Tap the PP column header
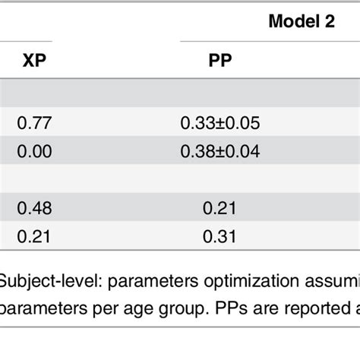tap(220, 59)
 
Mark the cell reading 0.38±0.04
tap(220, 152)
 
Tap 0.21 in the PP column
tap(220, 207)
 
